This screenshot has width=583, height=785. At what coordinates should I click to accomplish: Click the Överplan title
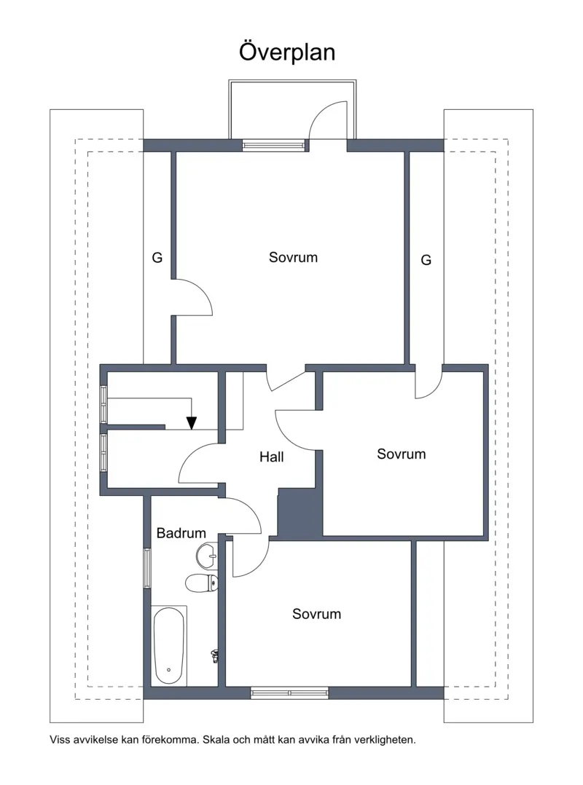(287, 52)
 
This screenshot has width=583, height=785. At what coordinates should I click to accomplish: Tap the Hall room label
(272, 457)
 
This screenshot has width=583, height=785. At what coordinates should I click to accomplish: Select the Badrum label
(181, 533)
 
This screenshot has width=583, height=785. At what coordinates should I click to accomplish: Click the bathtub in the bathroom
(169, 646)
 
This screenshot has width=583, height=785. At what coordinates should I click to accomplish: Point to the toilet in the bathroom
(202, 583)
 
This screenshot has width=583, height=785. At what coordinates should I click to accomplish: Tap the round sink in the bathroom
(207, 556)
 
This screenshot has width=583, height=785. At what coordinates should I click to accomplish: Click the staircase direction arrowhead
(192, 423)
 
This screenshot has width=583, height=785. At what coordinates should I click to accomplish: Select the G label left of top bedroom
(157, 258)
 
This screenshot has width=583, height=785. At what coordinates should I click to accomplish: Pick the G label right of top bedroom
(426, 261)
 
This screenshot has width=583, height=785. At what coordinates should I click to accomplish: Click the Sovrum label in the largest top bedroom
(293, 257)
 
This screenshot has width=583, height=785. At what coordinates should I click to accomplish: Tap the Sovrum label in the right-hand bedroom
(402, 454)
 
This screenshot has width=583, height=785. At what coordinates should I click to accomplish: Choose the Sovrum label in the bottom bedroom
(316, 615)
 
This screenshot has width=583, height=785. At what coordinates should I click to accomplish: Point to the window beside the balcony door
(273, 145)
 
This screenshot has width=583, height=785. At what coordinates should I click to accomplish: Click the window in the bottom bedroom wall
(289, 693)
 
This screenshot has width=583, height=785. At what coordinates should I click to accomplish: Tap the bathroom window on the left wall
(147, 568)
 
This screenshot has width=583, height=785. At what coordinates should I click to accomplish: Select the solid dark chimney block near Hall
(300, 513)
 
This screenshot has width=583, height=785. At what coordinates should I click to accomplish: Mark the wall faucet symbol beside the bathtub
(216, 656)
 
